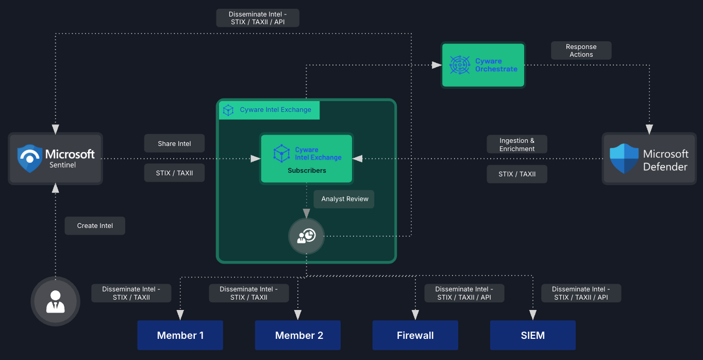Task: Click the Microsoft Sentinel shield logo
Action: (x=29, y=158)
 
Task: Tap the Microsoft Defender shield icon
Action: (x=624, y=159)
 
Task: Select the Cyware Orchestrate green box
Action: (x=483, y=65)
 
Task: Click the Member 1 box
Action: (x=180, y=335)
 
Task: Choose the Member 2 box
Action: (x=298, y=335)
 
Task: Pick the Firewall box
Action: (x=415, y=335)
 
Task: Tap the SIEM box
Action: (x=532, y=335)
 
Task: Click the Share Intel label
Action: (x=174, y=143)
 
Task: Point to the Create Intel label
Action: (x=95, y=225)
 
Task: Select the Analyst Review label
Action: (x=344, y=199)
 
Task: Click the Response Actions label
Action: (x=581, y=51)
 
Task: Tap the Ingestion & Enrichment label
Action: (x=516, y=144)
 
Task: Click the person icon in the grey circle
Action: (x=56, y=301)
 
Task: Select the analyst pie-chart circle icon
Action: (x=306, y=236)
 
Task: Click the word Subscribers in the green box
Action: (x=307, y=170)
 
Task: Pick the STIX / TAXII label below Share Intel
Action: (x=174, y=173)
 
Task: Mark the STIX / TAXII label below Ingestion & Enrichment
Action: (x=516, y=174)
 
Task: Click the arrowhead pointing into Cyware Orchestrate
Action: (x=437, y=65)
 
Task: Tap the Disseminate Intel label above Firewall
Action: (x=464, y=293)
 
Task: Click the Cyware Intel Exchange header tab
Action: (x=269, y=110)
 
